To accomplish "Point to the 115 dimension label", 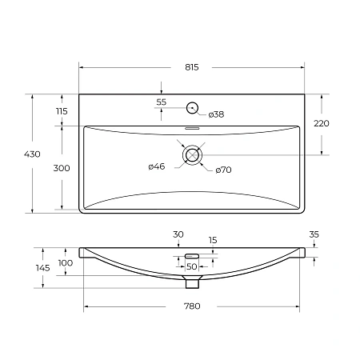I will click(62, 110).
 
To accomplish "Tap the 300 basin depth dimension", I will click(62, 168).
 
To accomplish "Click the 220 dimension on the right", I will click(321, 123).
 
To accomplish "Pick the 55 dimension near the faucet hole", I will click(161, 102).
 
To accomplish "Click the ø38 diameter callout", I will click(216, 115).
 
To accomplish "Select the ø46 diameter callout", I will click(156, 166).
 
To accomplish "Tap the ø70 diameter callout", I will click(223, 170).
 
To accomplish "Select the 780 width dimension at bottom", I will click(191, 306).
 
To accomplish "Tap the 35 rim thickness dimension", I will click(313, 235).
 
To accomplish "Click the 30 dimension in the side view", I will click(178, 234).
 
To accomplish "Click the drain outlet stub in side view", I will click(191, 282).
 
